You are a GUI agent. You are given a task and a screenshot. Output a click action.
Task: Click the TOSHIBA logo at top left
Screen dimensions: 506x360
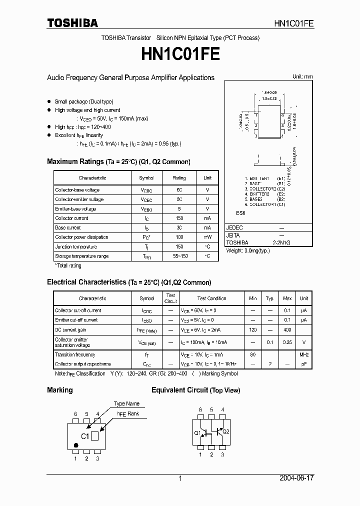(x=72, y=22)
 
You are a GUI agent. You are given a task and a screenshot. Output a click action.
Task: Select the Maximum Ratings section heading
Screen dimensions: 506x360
(x=118, y=161)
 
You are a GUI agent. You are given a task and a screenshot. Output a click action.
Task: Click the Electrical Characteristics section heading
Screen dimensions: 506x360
(x=129, y=282)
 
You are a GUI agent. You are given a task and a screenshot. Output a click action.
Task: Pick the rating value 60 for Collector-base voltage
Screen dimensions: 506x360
(x=179, y=190)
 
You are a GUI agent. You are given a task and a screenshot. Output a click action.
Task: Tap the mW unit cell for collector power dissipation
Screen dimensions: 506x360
(x=207, y=237)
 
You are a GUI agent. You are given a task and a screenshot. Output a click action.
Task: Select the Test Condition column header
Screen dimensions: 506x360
(x=211, y=298)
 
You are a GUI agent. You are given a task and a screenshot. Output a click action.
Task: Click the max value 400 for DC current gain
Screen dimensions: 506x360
(x=287, y=329)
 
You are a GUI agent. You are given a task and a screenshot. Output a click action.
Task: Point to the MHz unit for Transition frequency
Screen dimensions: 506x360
(x=303, y=354)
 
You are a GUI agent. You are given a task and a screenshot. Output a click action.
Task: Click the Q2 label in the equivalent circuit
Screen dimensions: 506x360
(x=225, y=431)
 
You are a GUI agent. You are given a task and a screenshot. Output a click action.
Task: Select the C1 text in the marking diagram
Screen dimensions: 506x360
(x=85, y=436)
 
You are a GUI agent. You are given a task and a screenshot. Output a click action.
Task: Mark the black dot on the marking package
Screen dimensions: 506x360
(x=76, y=444)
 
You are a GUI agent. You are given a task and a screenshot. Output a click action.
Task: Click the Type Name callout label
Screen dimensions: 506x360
(x=126, y=403)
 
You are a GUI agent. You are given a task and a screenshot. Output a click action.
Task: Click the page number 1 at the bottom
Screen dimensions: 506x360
(x=180, y=478)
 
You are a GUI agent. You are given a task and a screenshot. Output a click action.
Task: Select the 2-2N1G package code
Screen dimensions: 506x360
(x=281, y=242)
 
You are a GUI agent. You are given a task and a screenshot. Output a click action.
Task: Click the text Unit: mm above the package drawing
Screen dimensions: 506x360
(x=302, y=76)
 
